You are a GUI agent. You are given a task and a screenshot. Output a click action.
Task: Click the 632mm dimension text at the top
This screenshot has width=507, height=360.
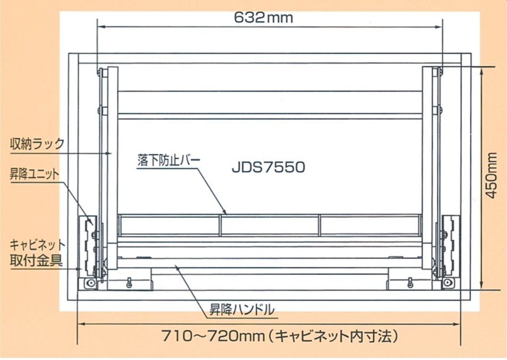(x=263, y=17)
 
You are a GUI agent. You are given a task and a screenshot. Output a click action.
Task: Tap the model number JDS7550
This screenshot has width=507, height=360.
(x=268, y=167)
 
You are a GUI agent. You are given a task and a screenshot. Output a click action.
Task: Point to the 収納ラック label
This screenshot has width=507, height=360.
(x=37, y=143)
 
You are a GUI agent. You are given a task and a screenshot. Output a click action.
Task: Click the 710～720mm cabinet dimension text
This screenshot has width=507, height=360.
(x=210, y=336)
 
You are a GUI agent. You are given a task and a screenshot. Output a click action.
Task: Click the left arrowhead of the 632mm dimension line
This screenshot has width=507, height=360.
(x=100, y=26)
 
